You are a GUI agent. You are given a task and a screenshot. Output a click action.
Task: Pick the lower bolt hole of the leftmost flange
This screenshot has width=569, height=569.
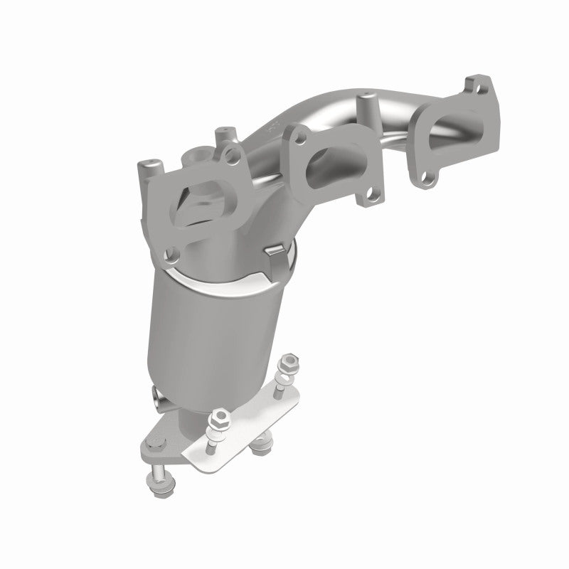point(172,251)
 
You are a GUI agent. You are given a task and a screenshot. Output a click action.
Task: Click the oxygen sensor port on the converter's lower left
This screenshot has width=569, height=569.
point(158,394)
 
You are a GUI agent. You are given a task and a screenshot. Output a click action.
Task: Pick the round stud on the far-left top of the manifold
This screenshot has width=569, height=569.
point(151,169)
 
